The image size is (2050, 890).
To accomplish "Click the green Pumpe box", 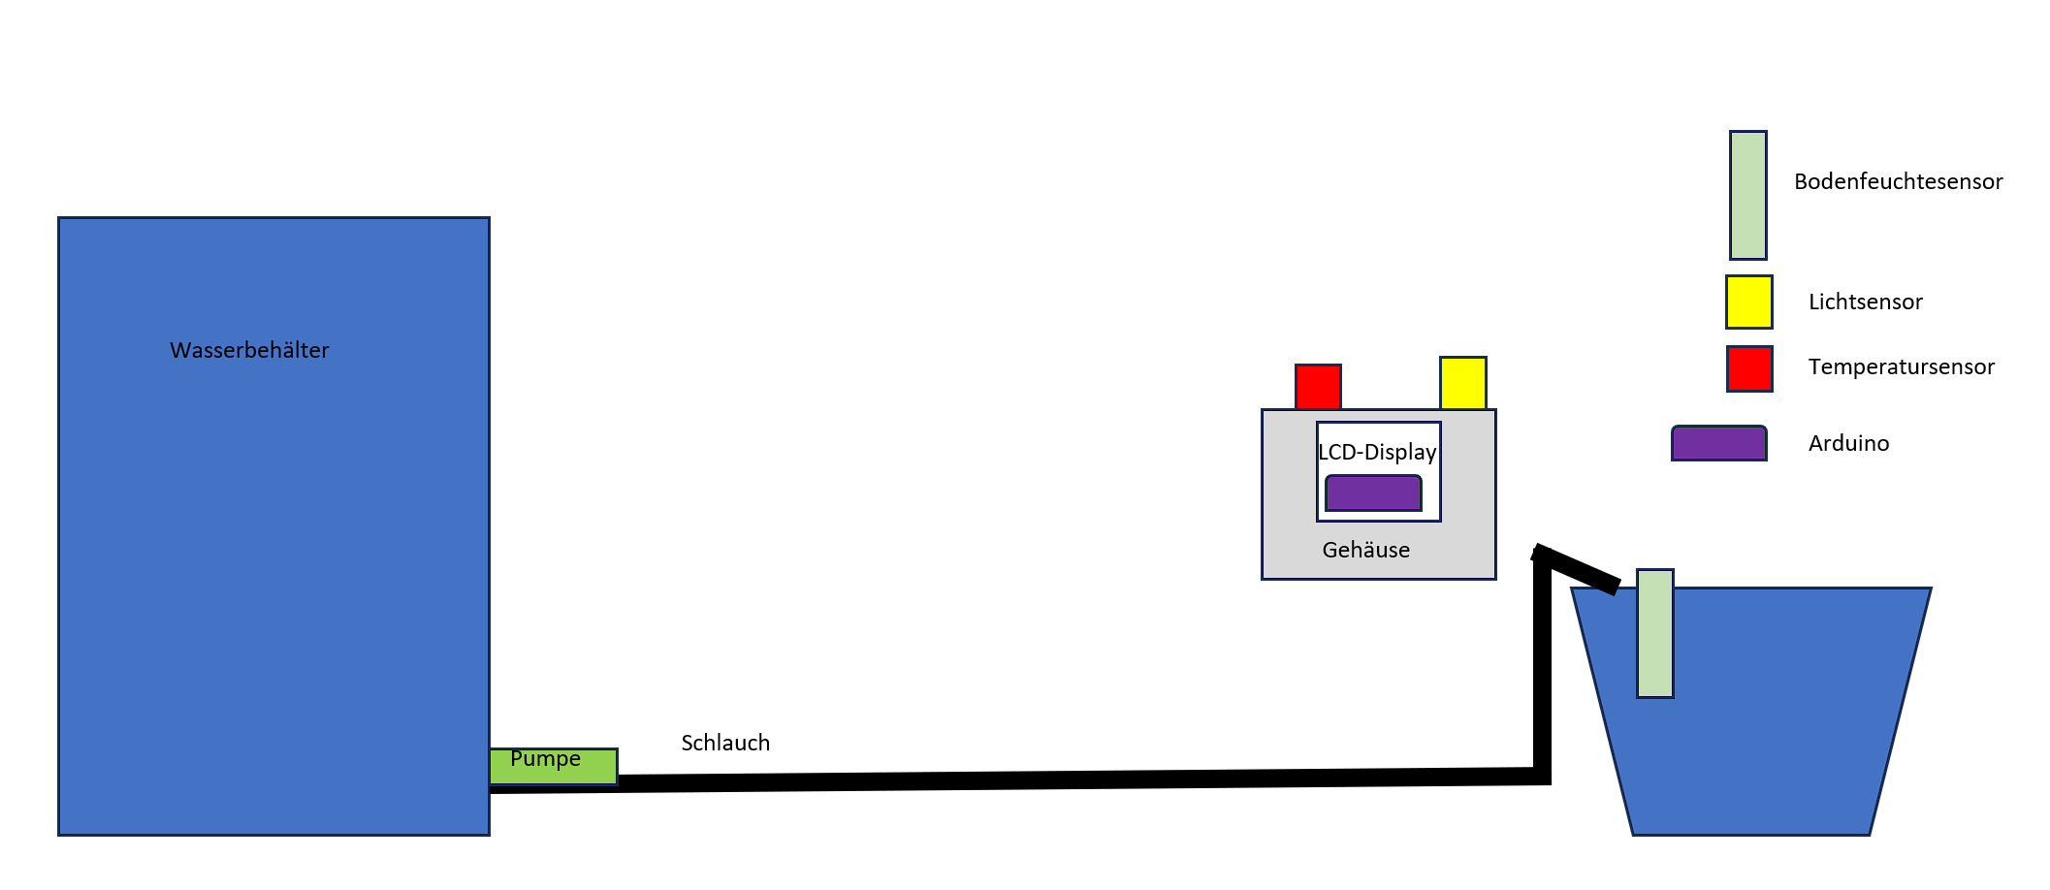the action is (553, 766).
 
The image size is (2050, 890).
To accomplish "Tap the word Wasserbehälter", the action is (249, 350).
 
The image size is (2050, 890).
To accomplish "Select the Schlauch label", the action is (725, 743).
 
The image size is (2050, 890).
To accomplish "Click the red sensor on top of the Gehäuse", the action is (1318, 387).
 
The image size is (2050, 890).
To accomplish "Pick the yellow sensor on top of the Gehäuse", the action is (1463, 383).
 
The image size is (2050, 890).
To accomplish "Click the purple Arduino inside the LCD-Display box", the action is (1373, 493).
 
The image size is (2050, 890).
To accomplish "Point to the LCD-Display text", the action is (1377, 452).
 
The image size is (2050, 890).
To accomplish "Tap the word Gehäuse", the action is (1366, 550).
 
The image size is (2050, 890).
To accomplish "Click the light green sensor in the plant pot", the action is (1655, 633).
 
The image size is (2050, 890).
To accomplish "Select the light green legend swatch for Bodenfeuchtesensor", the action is (1748, 195).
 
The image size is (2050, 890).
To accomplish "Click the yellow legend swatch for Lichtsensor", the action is (1749, 302).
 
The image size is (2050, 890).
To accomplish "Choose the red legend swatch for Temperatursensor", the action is (1749, 368).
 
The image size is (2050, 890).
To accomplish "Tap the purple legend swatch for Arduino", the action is (1719, 443).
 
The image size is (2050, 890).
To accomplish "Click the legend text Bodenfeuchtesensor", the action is (1899, 181).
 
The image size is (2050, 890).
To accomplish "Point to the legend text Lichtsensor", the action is (1866, 302).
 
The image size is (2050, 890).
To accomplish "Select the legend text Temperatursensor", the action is (1902, 366).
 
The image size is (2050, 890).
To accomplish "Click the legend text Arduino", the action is (1849, 443).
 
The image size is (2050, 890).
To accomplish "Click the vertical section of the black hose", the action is (1543, 664).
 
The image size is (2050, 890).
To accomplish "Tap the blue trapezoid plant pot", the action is (1751, 711).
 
